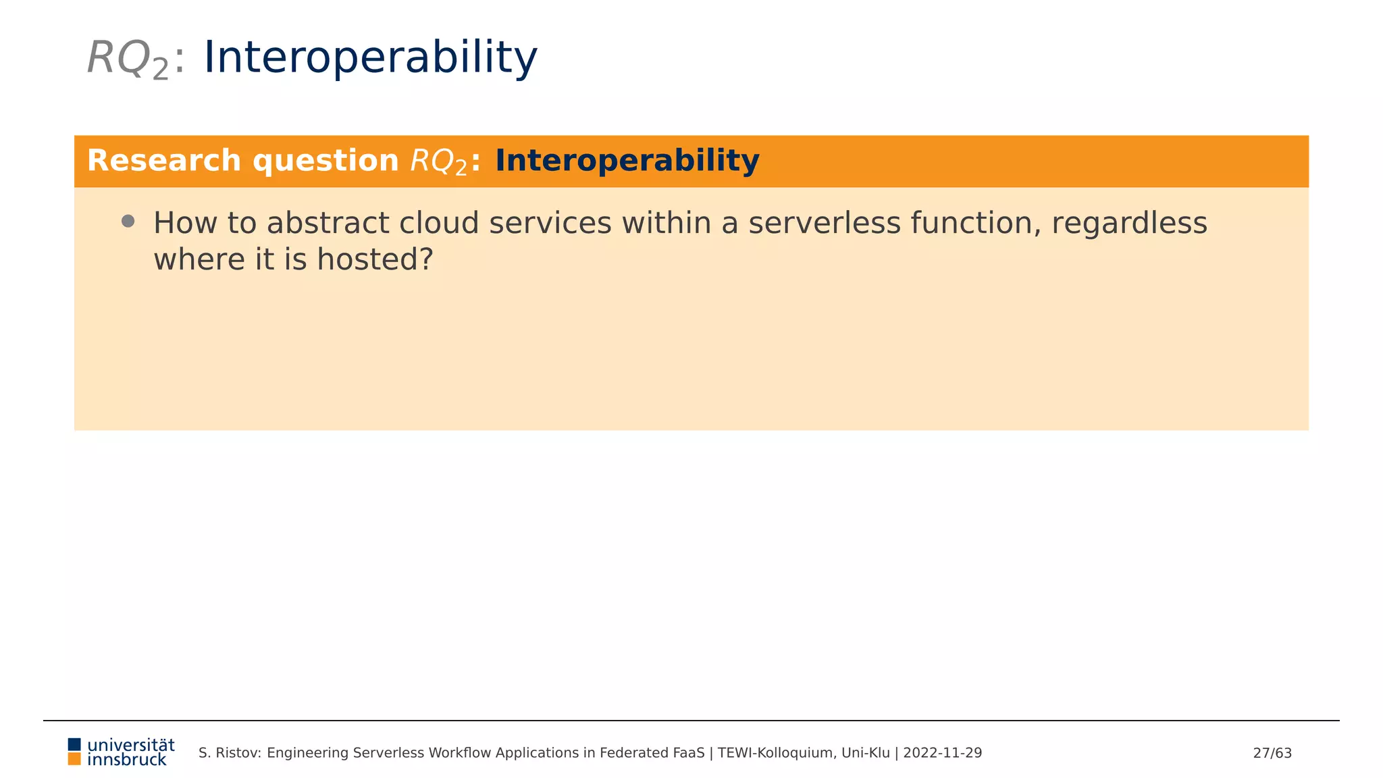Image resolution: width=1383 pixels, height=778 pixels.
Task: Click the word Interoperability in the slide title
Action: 370,57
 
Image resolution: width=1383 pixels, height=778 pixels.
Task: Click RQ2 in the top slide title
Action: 127,59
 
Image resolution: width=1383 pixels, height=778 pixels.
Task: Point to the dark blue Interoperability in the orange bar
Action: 627,161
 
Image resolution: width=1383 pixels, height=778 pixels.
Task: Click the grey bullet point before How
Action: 128,222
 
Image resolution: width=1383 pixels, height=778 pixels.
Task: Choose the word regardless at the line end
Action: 1129,224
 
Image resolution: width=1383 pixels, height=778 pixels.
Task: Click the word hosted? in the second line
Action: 375,260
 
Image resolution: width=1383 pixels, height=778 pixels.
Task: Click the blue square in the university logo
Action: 74,744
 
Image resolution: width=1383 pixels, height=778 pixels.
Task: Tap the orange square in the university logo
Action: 74,759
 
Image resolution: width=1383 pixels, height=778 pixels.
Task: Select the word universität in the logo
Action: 131,745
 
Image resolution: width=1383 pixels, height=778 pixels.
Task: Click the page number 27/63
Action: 1272,753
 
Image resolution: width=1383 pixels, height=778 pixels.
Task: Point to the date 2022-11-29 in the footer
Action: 942,753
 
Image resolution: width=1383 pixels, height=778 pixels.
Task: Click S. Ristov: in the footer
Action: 230,753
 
